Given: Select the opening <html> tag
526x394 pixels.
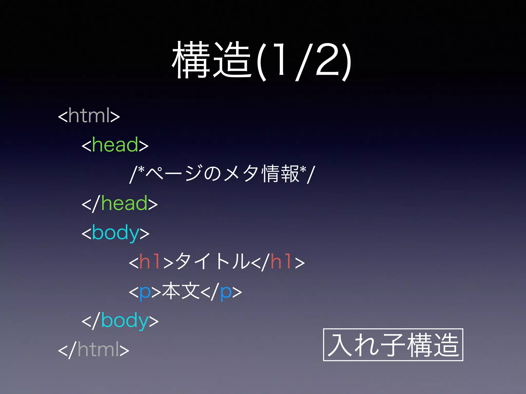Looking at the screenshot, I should pos(89,116).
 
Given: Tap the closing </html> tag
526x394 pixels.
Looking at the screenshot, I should pos(93,350).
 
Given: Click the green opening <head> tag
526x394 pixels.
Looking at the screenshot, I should pos(115,145).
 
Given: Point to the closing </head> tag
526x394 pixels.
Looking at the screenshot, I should pos(120,203).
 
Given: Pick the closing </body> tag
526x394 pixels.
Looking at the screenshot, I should pos(120,321).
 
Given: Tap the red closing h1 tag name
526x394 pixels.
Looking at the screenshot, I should pos(281,262).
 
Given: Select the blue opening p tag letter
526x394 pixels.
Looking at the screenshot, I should pos(145,292).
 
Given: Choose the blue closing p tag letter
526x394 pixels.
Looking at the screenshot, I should pos(226,292).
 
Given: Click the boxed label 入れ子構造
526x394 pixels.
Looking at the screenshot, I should pos(393,345).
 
